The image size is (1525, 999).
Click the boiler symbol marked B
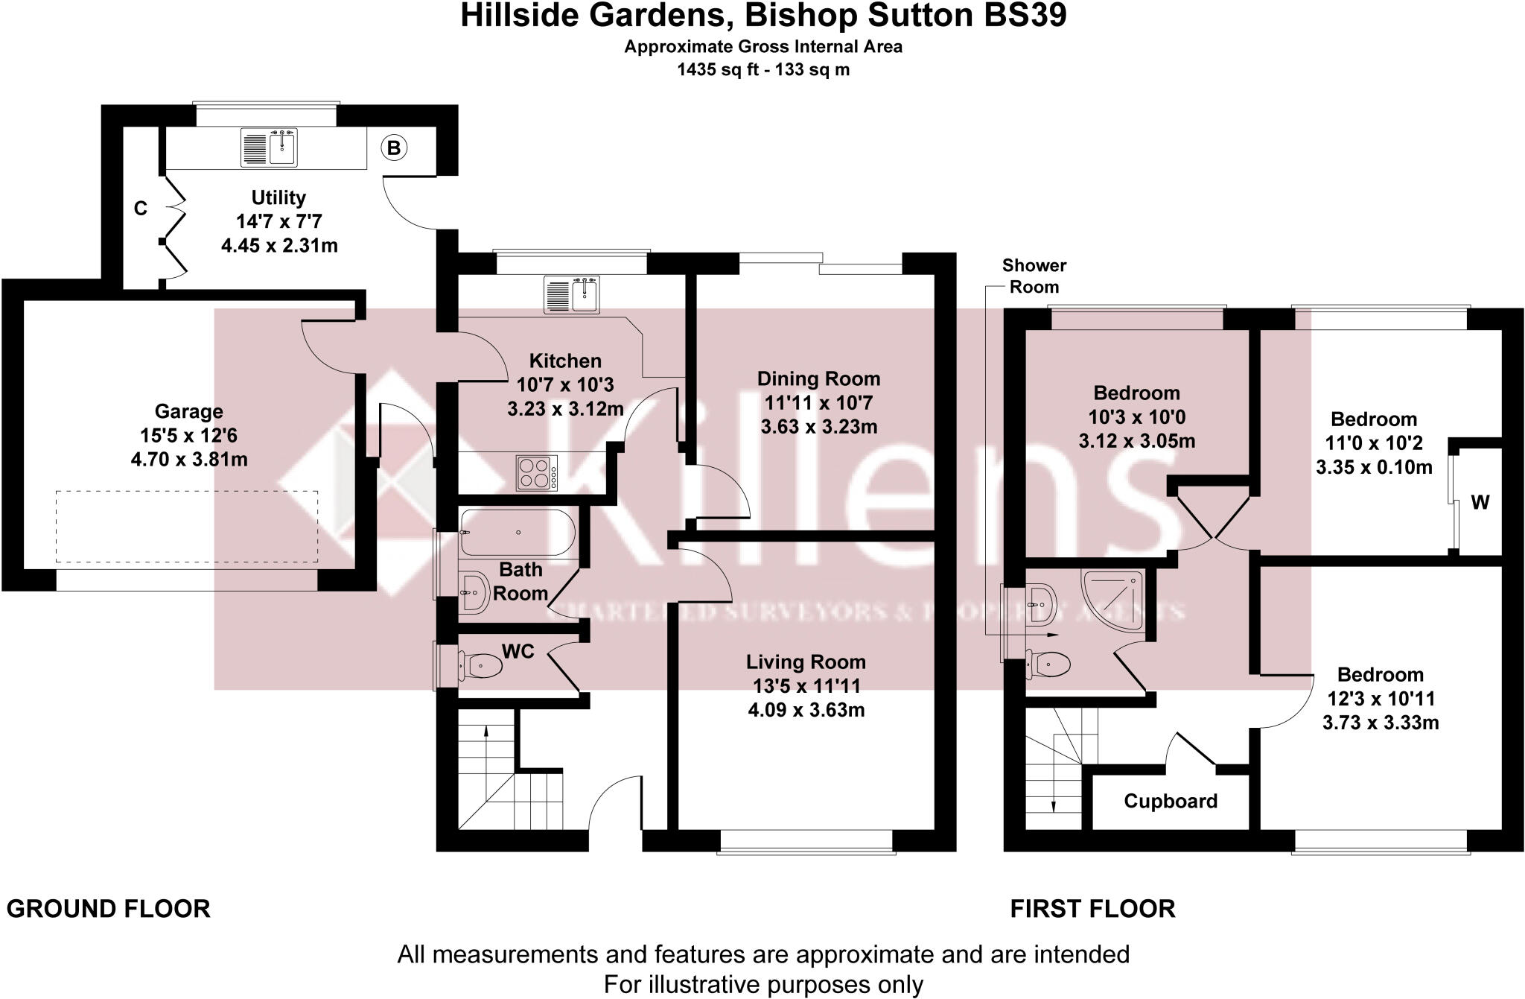(x=394, y=148)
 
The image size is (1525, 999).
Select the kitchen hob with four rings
(x=536, y=473)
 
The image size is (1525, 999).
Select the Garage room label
(x=188, y=411)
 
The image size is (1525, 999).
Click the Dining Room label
(x=818, y=378)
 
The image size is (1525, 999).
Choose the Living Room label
(x=806, y=662)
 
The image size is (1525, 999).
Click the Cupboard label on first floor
(x=1171, y=801)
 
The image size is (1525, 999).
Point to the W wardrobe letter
(x=1480, y=503)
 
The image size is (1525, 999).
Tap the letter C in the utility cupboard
(x=141, y=209)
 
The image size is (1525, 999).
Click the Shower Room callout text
(x=1034, y=276)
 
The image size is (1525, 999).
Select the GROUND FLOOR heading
(x=109, y=909)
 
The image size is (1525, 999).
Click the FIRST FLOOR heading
(x=1092, y=909)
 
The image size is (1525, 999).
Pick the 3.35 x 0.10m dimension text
(x=1374, y=467)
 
